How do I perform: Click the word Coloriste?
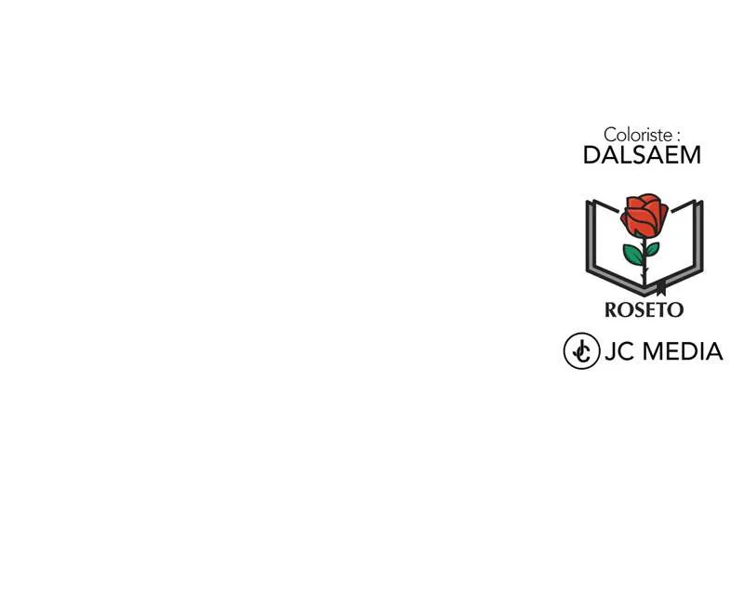pos(638,135)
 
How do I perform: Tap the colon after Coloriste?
pos(679,137)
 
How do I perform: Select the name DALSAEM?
pos(642,155)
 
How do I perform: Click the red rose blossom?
pos(644,215)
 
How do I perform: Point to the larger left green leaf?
pos(633,254)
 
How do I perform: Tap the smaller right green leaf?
pos(652,249)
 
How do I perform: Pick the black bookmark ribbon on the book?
pos(661,288)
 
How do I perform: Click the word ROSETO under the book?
pos(644,309)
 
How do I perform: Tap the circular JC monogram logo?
pos(581,351)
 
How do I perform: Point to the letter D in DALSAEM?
pos(591,155)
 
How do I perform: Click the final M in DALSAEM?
pos(691,155)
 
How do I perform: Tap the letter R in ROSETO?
pos(612,309)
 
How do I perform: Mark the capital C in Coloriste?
pos(610,135)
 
